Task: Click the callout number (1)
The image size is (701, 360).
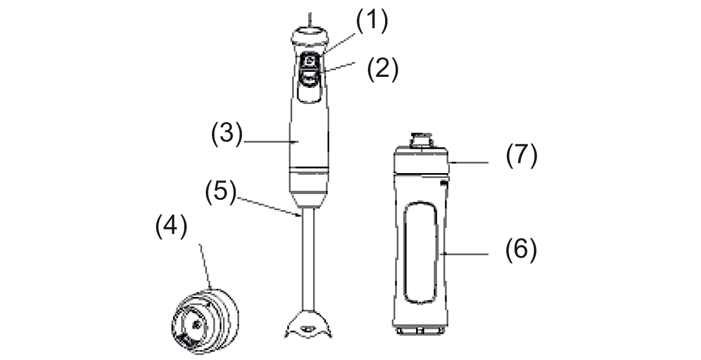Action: tap(372, 20)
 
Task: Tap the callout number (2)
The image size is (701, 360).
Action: tap(383, 69)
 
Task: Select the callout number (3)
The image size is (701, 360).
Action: tap(227, 134)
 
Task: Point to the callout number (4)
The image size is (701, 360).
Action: tap(171, 226)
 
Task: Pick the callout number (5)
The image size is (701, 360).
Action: tap(221, 192)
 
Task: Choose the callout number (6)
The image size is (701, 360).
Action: tap(521, 250)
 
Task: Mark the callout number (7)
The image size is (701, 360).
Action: tap(522, 155)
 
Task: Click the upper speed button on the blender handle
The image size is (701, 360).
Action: tap(309, 61)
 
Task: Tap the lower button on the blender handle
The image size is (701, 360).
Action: tap(309, 77)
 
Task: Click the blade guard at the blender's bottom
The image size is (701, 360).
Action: tap(308, 325)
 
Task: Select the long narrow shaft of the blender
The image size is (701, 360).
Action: tap(308, 259)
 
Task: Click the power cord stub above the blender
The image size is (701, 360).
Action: tap(310, 19)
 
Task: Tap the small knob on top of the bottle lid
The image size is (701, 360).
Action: tap(422, 140)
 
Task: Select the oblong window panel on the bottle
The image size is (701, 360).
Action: tap(420, 253)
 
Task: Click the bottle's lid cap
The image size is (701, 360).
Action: tap(421, 160)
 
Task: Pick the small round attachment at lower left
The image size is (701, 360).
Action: tap(205, 321)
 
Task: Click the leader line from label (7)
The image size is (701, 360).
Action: tap(468, 163)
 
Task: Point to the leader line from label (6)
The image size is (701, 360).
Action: tap(464, 254)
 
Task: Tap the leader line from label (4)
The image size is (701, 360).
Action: tap(205, 267)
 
